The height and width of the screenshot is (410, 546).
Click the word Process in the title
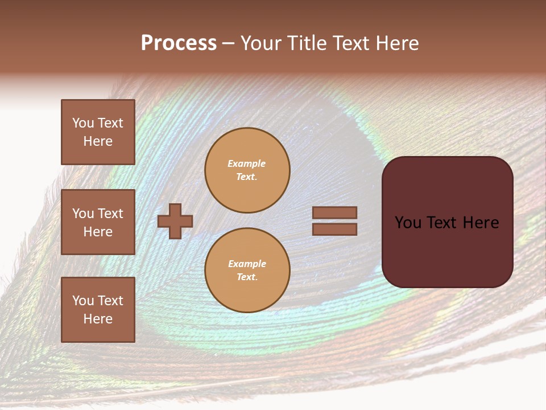pyautogui.click(x=179, y=43)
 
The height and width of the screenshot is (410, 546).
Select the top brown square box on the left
pyautogui.click(x=98, y=132)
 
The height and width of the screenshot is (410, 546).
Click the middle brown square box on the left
pyautogui.click(x=98, y=222)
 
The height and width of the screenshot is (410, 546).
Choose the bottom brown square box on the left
pyautogui.click(x=98, y=310)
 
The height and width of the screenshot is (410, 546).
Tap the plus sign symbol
pyautogui.click(x=175, y=221)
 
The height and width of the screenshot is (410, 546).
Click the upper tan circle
pyautogui.click(x=247, y=170)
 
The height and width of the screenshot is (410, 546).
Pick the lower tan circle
pyautogui.click(x=247, y=270)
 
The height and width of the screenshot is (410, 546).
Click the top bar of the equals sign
pyautogui.click(x=334, y=212)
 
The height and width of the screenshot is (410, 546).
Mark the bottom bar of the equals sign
pyautogui.click(x=334, y=229)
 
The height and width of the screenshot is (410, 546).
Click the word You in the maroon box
pyautogui.click(x=408, y=223)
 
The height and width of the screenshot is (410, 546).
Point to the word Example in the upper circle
pyautogui.click(x=246, y=163)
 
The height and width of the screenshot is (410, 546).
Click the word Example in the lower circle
pyautogui.click(x=247, y=264)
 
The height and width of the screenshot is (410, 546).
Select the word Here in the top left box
pyautogui.click(x=98, y=141)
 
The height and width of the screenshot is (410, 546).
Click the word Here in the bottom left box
pyautogui.click(x=98, y=319)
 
